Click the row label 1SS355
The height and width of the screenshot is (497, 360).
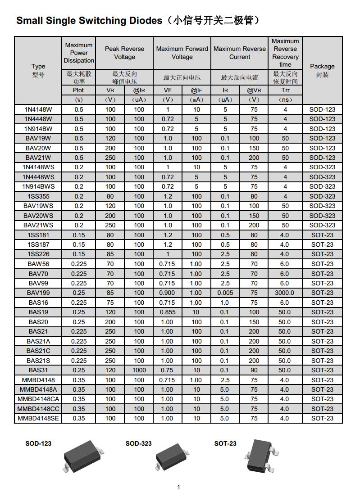tap(38, 196)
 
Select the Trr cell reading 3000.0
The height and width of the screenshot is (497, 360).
tap(285, 293)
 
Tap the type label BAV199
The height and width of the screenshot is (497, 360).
tap(38, 293)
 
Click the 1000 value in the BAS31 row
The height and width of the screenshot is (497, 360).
tap(139, 370)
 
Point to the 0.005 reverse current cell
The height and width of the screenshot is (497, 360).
tap(225, 293)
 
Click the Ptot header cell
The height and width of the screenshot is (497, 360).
tap(78, 90)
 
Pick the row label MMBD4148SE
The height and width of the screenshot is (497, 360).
tap(38, 419)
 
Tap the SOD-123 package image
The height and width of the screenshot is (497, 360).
tap(83, 456)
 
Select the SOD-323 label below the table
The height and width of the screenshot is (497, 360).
tap(138, 443)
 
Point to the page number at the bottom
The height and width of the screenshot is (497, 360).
tap(179, 487)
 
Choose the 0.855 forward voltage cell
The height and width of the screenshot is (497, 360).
tap(167, 312)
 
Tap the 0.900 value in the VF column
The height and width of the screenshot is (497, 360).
tap(167, 293)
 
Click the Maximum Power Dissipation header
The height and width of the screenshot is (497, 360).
tap(79, 53)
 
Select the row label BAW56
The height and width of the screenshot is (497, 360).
tap(38, 264)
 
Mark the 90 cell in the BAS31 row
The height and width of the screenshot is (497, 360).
tap(254, 370)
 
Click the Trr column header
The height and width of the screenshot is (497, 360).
tap(285, 90)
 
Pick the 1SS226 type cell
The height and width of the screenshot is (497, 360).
tap(38, 254)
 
